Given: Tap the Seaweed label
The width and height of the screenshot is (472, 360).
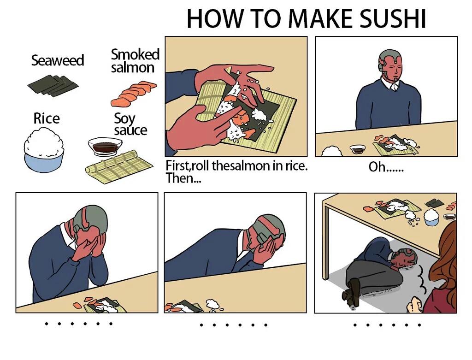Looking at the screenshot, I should point(58,60).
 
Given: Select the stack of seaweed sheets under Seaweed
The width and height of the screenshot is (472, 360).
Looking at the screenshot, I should point(53,85).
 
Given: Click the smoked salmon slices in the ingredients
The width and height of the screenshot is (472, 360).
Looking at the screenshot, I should point(134,92).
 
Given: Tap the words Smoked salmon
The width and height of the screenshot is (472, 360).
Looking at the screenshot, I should point(135,60).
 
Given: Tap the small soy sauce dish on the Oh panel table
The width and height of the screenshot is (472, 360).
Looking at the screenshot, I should point(357,149).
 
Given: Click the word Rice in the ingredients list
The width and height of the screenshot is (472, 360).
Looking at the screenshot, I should point(47,118).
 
